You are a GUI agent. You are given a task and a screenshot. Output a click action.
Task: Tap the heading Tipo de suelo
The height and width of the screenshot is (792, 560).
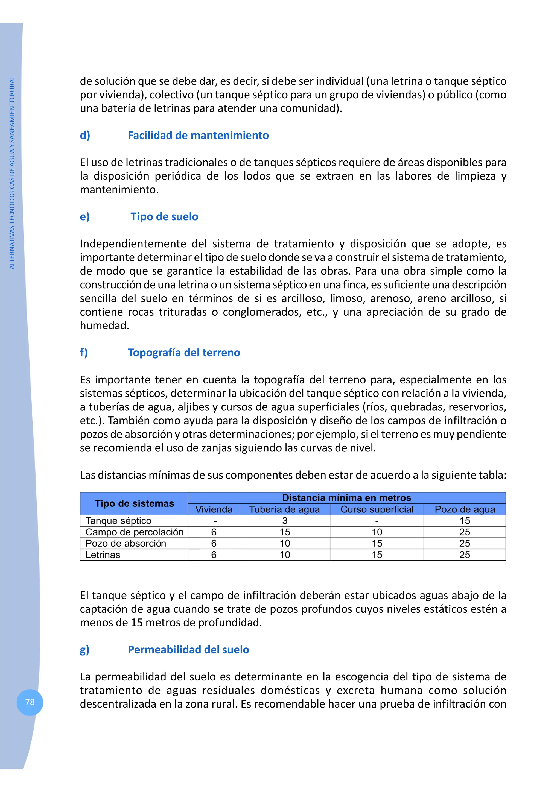[x=164, y=217]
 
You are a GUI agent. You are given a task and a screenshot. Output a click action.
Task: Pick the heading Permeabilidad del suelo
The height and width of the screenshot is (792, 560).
[x=188, y=650]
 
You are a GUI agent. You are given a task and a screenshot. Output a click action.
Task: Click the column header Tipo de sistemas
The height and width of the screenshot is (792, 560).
[x=134, y=504]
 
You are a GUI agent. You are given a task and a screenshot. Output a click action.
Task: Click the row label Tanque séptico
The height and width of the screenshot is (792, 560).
[x=118, y=521]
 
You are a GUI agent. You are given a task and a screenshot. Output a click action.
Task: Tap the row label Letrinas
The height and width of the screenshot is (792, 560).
[x=103, y=555]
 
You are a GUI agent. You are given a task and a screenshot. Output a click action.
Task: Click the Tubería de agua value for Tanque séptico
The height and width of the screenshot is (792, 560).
[x=285, y=521]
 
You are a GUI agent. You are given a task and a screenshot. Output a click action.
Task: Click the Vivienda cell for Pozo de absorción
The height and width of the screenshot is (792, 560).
[x=214, y=543]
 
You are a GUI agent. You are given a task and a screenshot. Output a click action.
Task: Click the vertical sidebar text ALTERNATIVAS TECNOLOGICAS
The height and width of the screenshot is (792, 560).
[x=12, y=172]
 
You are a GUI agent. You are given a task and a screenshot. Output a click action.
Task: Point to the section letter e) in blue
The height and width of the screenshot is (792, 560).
[x=84, y=217]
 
